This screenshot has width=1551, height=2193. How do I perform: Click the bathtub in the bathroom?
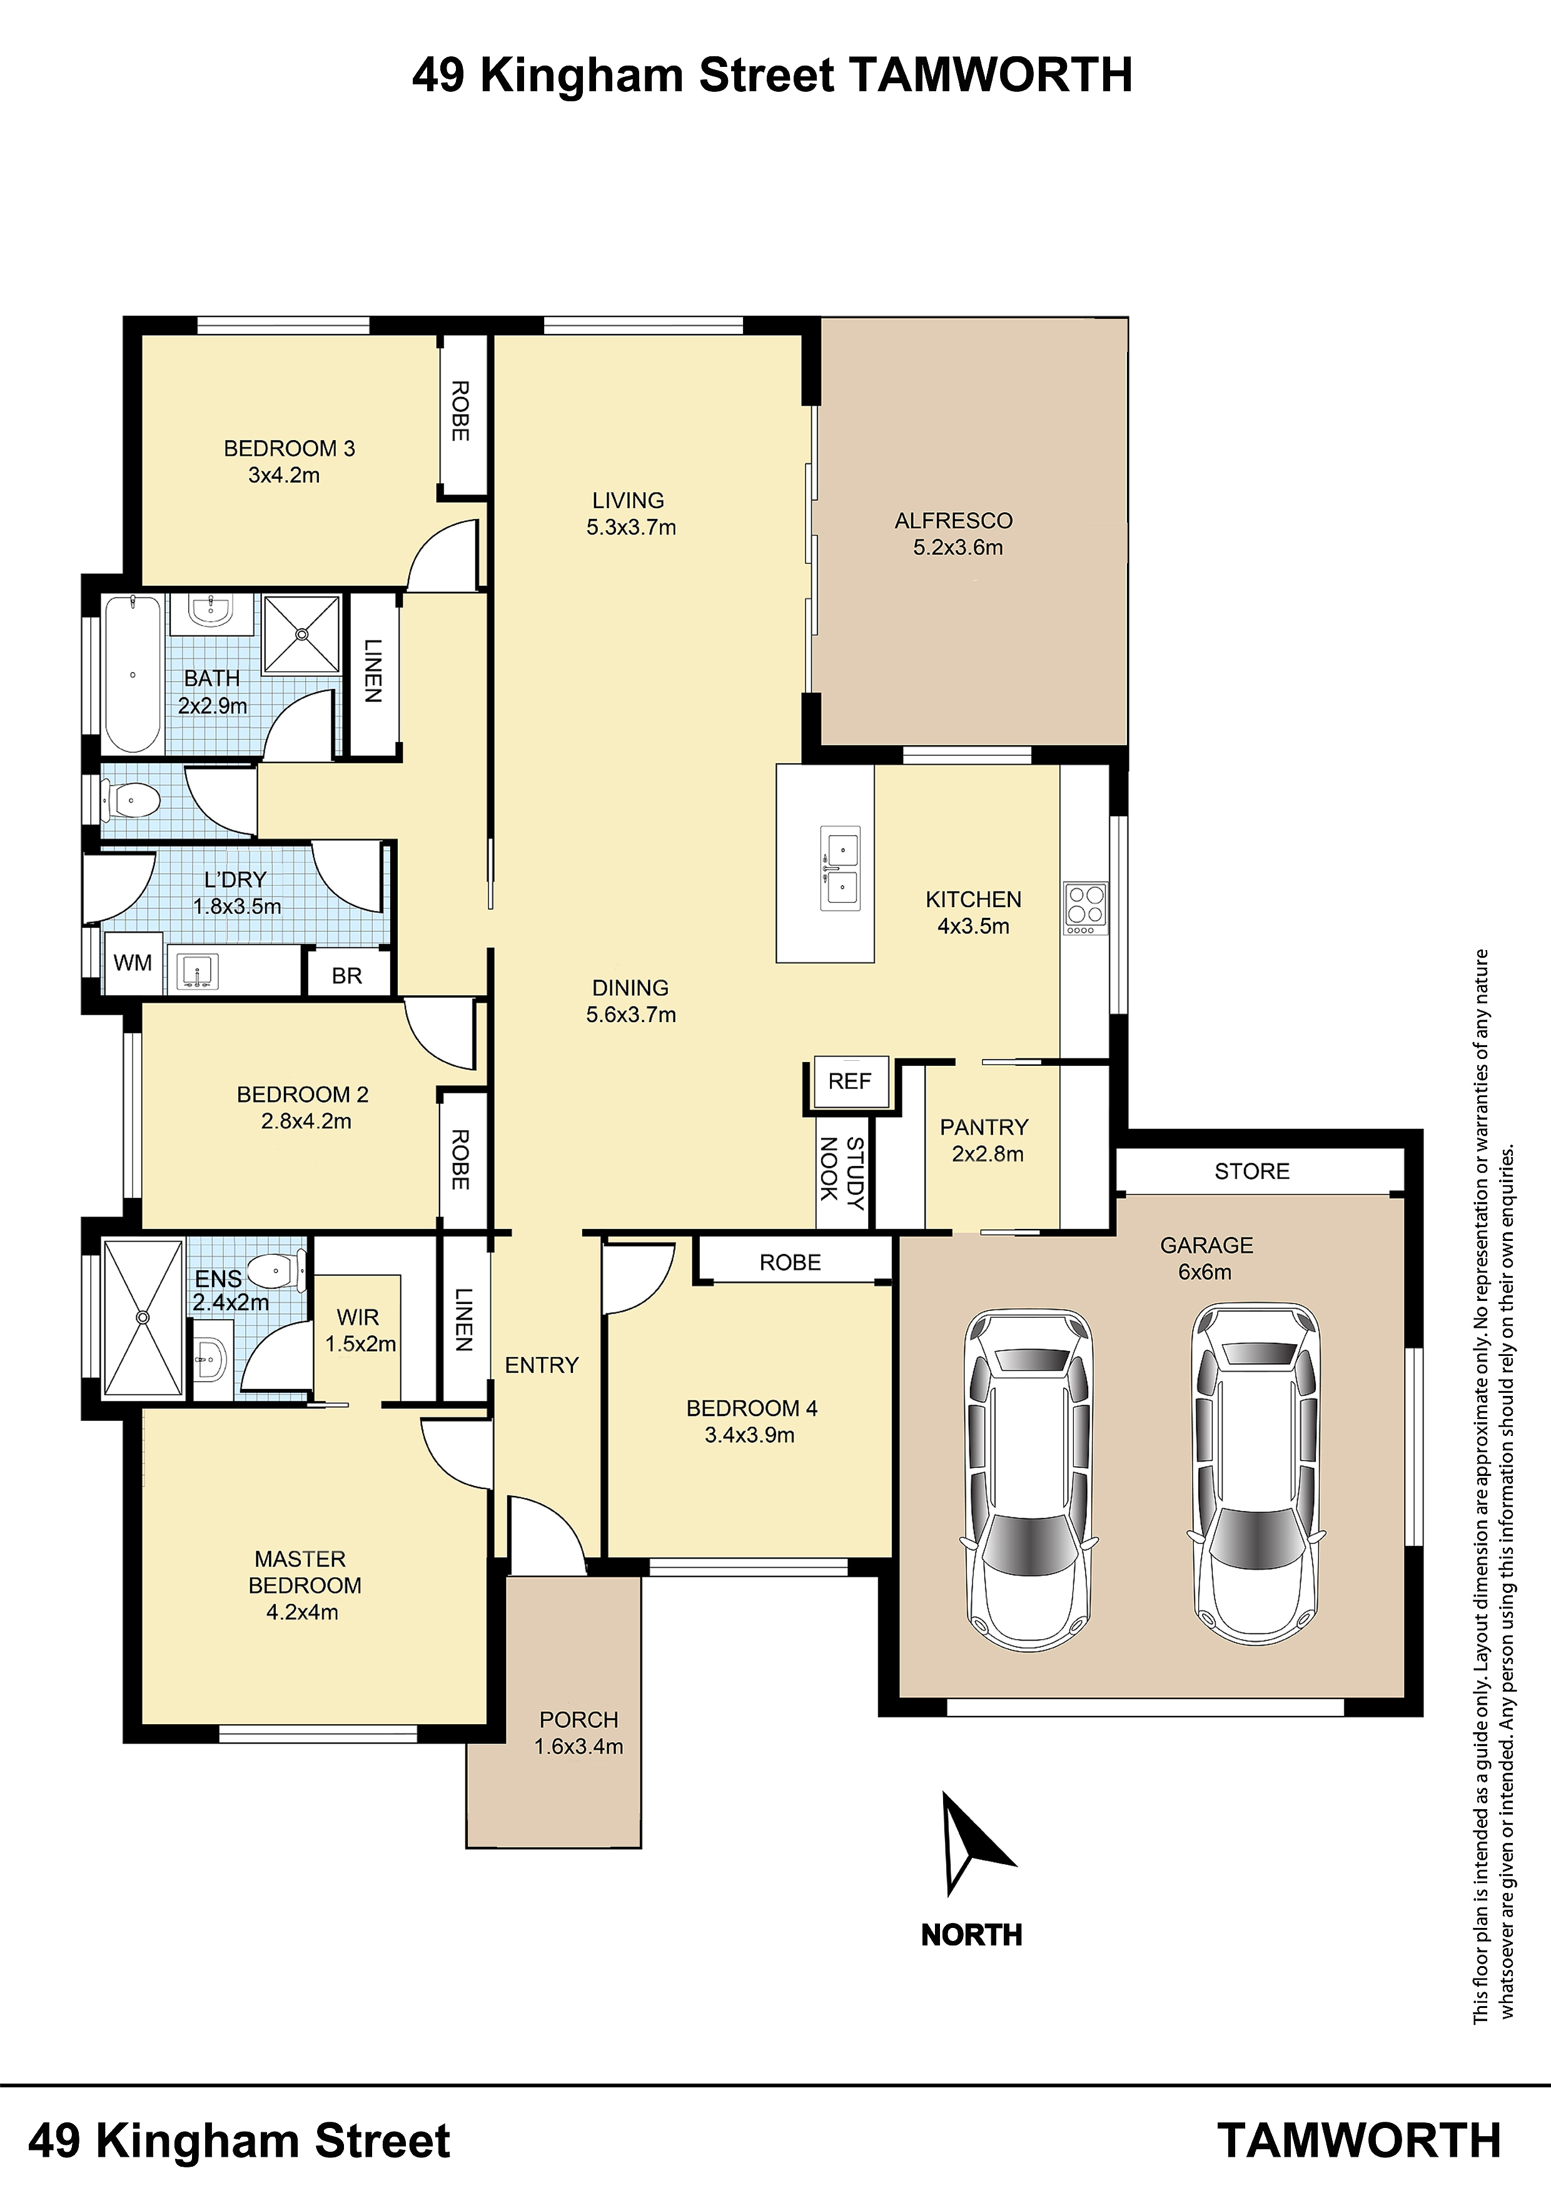point(132,675)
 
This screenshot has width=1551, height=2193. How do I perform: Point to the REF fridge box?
point(849,1082)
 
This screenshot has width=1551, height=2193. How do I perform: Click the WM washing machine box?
point(133,963)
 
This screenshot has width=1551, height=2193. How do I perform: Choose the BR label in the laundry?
point(347,975)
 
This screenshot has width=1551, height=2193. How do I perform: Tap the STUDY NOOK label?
point(842,1173)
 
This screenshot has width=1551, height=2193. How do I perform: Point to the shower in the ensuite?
point(143,1318)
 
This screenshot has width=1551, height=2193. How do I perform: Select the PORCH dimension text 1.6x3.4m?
point(579,1746)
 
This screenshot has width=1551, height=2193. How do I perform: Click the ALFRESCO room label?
point(954,521)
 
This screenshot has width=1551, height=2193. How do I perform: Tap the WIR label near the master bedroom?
point(358,1317)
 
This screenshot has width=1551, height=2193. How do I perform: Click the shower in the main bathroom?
point(302,633)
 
